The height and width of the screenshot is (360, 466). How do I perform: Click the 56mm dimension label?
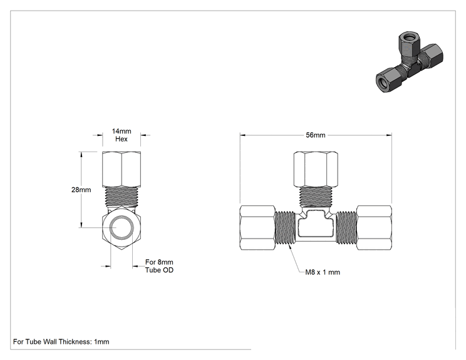(x=316, y=135)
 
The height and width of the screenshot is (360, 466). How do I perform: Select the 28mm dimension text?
(x=81, y=190)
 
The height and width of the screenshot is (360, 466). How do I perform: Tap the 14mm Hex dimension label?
(x=122, y=135)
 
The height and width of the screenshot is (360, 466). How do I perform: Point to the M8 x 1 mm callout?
(x=323, y=272)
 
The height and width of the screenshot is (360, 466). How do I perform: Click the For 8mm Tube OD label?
(x=159, y=266)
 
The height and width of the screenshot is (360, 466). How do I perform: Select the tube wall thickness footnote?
(x=61, y=342)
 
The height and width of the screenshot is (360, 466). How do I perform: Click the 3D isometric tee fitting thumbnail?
(x=410, y=63)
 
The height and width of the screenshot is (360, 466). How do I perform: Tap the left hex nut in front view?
(x=257, y=227)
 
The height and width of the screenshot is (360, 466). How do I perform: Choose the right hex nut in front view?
(x=374, y=227)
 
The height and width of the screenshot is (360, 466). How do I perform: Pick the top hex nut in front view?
(x=316, y=169)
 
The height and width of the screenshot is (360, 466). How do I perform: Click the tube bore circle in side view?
(x=122, y=227)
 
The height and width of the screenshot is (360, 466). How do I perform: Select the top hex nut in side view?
(x=122, y=169)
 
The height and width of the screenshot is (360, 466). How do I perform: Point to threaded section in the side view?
(x=122, y=197)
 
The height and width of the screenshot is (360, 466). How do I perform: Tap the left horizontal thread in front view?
(x=286, y=227)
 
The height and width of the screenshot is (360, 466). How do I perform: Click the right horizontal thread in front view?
(x=346, y=227)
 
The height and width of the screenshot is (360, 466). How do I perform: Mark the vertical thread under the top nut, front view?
(x=316, y=197)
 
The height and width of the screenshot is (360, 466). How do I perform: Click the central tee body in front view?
(x=316, y=226)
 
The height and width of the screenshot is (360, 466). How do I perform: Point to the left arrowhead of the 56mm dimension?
(x=243, y=135)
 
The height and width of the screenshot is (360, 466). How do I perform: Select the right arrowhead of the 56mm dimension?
(x=389, y=135)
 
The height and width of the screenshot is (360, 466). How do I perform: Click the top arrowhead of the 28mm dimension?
(x=81, y=155)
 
